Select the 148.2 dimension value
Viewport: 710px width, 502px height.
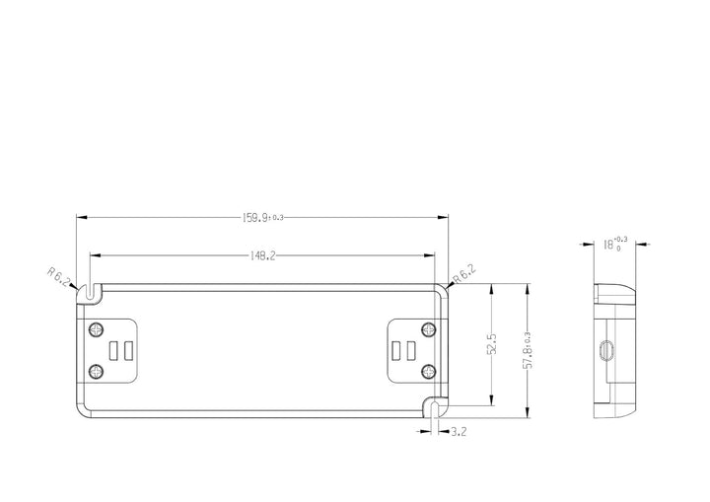tap(261, 255)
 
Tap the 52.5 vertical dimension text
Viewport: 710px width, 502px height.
tap(491, 345)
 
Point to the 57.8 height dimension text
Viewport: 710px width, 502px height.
tap(529, 351)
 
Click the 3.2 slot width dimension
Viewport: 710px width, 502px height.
tap(459, 432)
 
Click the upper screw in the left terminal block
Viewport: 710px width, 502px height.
tap(96, 328)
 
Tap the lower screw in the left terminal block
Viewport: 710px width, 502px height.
tap(96, 371)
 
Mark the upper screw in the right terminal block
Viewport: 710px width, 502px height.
tap(427, 328)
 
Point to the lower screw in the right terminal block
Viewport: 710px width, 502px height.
tap(427, 371)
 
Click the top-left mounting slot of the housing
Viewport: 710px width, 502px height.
tap(90, 292)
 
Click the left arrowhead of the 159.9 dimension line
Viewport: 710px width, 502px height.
tap(81, 217)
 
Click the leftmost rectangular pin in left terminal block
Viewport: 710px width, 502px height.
tap(114, 350)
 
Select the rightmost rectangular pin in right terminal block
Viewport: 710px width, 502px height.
tap(408, 350)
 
